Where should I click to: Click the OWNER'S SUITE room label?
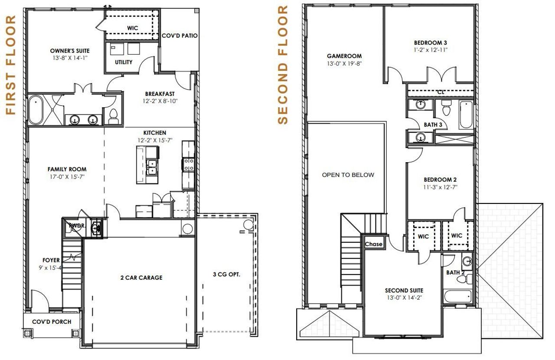69,51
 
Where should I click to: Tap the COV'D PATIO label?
180,36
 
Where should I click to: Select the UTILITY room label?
124,62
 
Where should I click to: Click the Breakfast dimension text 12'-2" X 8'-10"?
160,101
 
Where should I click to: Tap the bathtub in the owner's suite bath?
35,110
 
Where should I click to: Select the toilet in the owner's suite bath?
114,115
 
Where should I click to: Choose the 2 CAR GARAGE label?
141,278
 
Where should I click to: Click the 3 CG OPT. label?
226,274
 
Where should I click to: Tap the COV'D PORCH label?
52,322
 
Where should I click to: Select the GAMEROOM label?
344,56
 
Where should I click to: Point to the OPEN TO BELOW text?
348,175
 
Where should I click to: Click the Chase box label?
373,244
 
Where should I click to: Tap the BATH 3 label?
433,125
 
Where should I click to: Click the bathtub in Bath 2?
458,297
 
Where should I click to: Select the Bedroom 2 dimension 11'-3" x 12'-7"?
440,187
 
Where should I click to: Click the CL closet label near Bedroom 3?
441,92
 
